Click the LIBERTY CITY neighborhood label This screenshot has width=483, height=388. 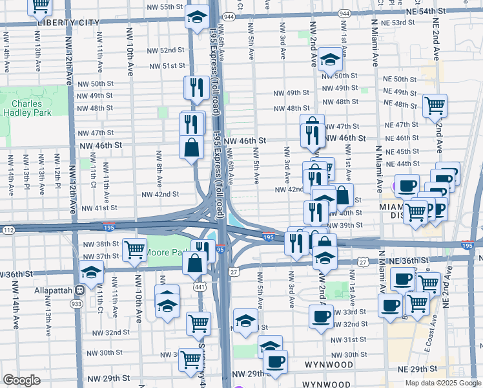68,22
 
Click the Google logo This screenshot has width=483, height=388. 22,380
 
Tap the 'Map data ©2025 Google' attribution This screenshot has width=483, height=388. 442,383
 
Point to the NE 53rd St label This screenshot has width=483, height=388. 397,23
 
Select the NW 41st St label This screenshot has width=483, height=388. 96,208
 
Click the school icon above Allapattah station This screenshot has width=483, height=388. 92,272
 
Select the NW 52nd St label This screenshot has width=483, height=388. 166,50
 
